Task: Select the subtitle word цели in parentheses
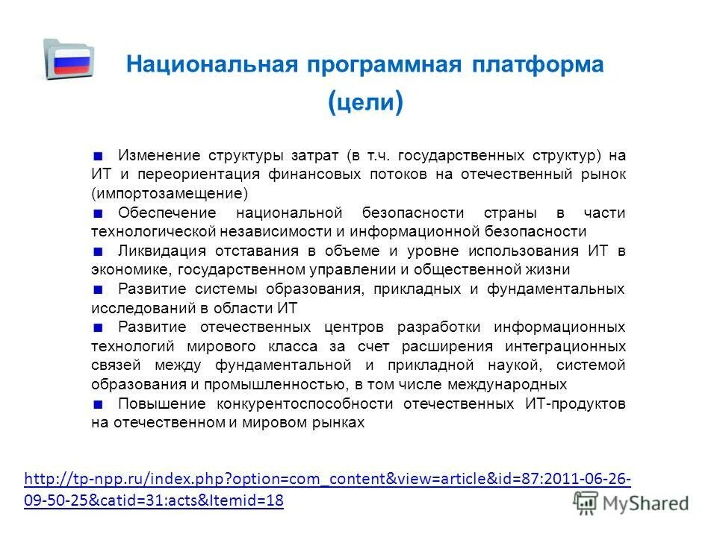pos(365,102)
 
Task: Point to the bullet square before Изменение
pos(99,155)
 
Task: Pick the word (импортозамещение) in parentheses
pos(170,194)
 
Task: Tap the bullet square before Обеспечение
pos(99,213)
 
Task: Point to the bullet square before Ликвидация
pos(99,251)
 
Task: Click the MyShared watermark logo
pos(633,503)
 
